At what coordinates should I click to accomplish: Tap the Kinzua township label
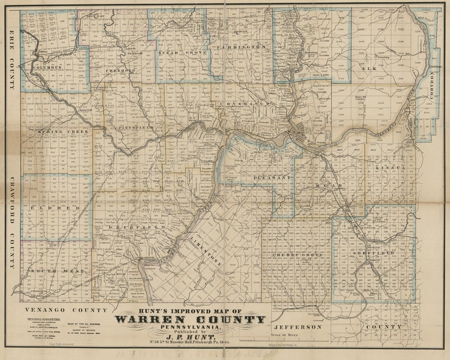[387, 168]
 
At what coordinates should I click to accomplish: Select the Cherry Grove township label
[297, 255]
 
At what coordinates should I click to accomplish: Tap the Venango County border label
[66, 311]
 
